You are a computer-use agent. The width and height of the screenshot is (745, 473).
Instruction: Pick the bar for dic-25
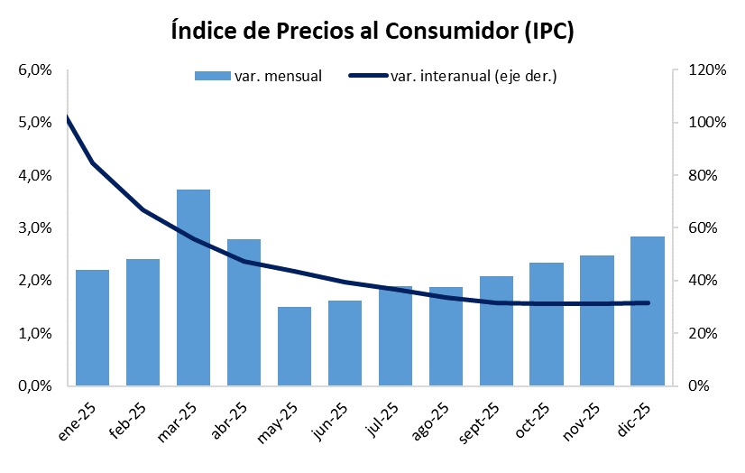pos(647,311)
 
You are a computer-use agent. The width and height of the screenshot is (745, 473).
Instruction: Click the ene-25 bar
pos(92,327)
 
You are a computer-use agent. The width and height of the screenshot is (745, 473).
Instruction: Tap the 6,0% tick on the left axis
pos(35,70)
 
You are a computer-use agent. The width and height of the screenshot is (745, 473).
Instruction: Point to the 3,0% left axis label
pos(35,228)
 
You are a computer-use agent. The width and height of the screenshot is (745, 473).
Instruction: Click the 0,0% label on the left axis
pos(35,386)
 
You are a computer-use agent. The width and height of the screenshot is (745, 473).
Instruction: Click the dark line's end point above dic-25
pos(648,302)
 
